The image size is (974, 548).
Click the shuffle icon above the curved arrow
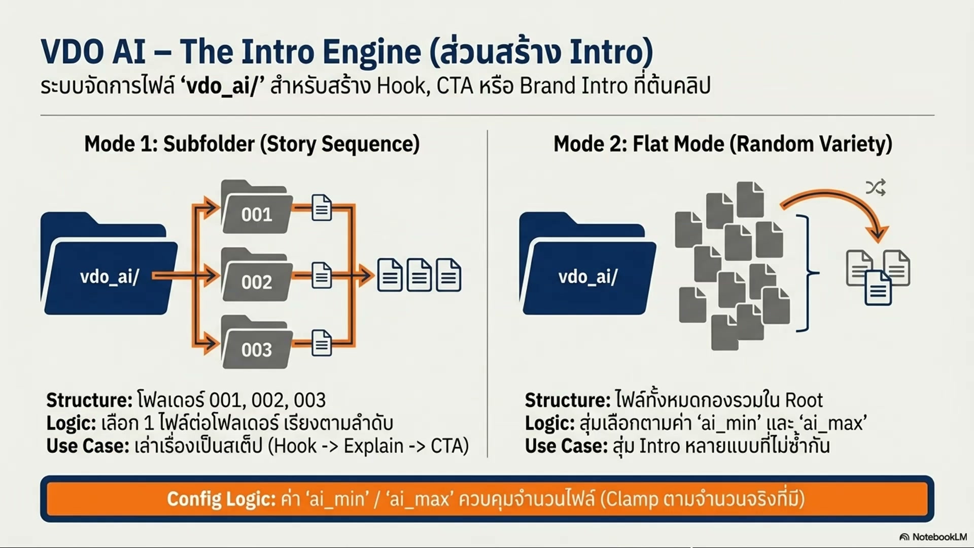tap(876, 187)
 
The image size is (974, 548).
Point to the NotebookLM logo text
tap(933, 537)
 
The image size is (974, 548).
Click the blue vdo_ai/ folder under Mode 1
tap(109, 263)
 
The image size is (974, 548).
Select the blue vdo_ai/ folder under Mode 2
tap(587, 263)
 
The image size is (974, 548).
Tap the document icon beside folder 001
tap(321, 208)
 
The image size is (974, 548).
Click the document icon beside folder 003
tap(321, 342)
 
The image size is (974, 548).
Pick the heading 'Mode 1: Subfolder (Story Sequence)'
tap(252, 144)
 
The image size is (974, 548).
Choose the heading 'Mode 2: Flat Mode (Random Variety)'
tap(723, 144)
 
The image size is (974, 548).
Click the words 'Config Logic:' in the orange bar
tap(221, 499)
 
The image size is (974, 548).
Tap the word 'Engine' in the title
tap(372, 52)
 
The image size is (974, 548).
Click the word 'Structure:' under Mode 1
tap(89, 400)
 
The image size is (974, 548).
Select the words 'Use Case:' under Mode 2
tap(566, 446)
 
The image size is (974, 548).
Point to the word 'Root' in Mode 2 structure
tap(804, 400)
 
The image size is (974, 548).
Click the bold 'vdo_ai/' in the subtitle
tap(223, 86)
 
